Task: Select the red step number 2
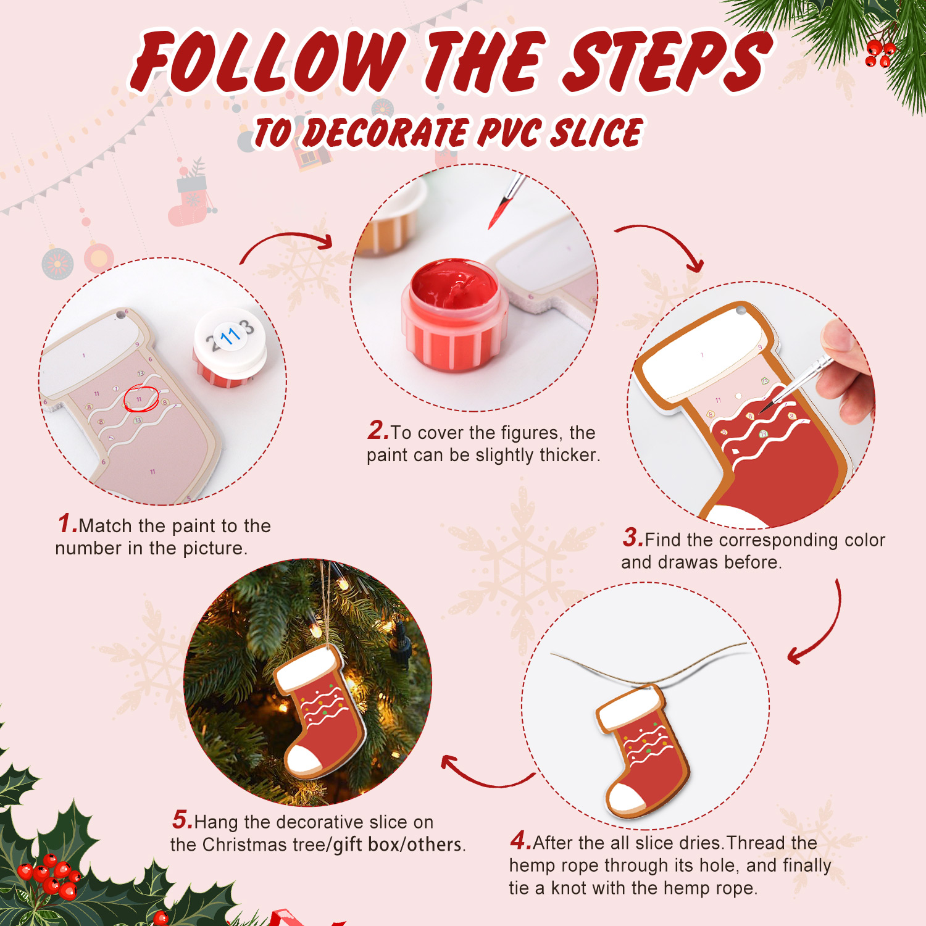click(x=377, y=430)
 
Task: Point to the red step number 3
click(x=632, y=538)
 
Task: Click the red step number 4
click(x=520, y=840)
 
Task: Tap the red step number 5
click(x=181, y=820)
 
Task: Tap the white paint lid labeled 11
click(x=230, y=338)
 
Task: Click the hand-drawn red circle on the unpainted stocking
click(x=141, y=398)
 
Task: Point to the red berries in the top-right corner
click(x=879, y=53)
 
